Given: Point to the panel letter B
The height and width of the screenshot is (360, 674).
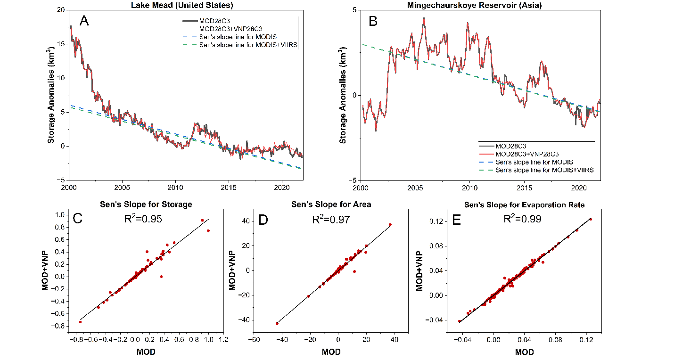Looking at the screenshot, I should pos(373,21).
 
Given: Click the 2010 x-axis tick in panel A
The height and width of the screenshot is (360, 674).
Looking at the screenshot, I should pos(175,186).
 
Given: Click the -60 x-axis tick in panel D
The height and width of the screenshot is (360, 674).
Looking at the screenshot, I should pos(254,339).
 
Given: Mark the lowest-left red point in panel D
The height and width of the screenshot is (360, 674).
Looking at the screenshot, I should pos(277,324).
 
